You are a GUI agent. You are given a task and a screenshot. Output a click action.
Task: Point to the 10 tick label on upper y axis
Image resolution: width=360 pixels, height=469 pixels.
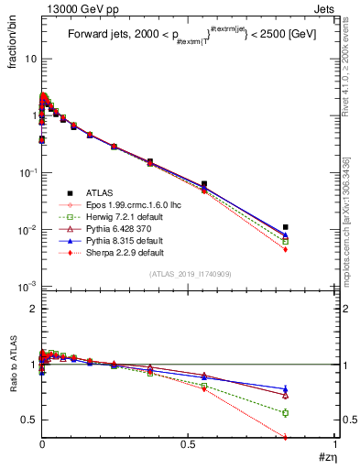(28, 58)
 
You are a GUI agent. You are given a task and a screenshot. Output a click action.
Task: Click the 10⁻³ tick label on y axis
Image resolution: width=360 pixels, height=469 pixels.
(27, 287)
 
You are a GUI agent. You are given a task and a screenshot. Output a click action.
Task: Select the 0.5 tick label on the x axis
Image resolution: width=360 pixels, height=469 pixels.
(189, 444)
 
